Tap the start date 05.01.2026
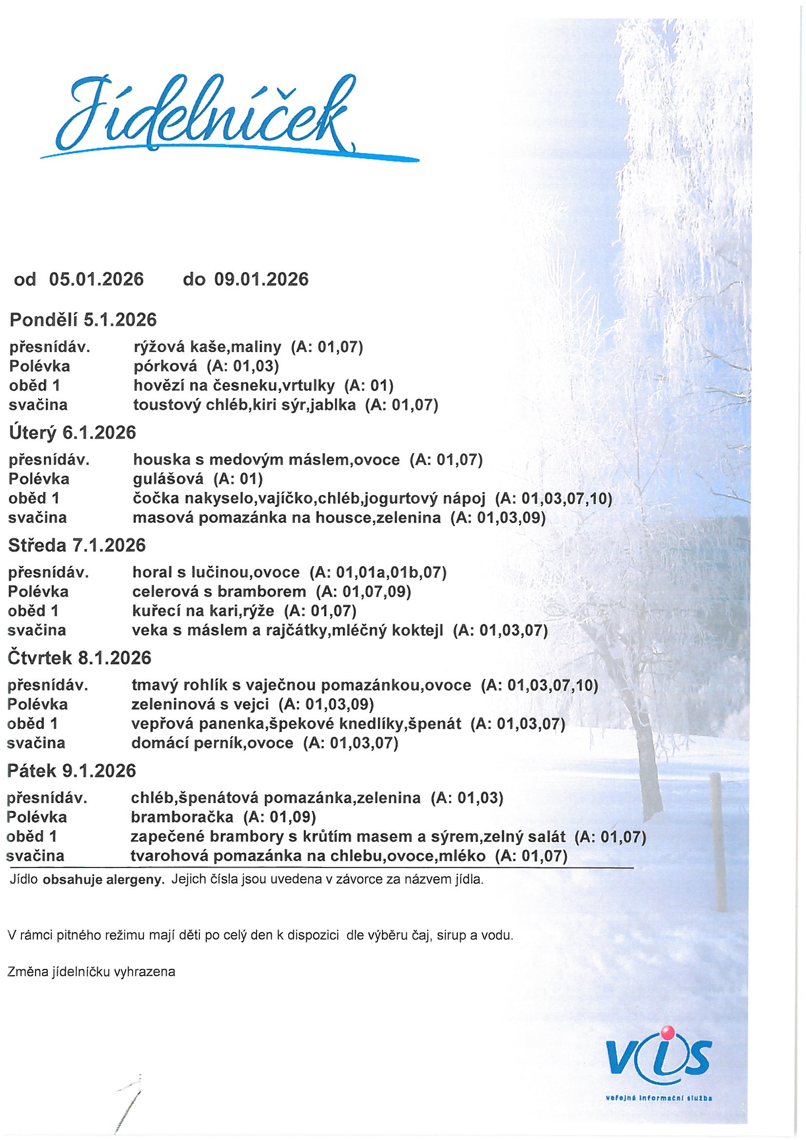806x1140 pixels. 97,279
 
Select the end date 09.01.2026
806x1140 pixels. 261,279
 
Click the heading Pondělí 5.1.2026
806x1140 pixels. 83,320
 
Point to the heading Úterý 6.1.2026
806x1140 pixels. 73,432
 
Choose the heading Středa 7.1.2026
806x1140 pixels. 77,545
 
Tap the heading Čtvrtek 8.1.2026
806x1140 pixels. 79,658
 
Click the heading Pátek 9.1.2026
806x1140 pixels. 72,770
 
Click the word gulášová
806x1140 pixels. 168,479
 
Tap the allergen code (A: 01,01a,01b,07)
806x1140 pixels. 378,572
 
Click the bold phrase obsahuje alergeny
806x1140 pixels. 104,880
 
